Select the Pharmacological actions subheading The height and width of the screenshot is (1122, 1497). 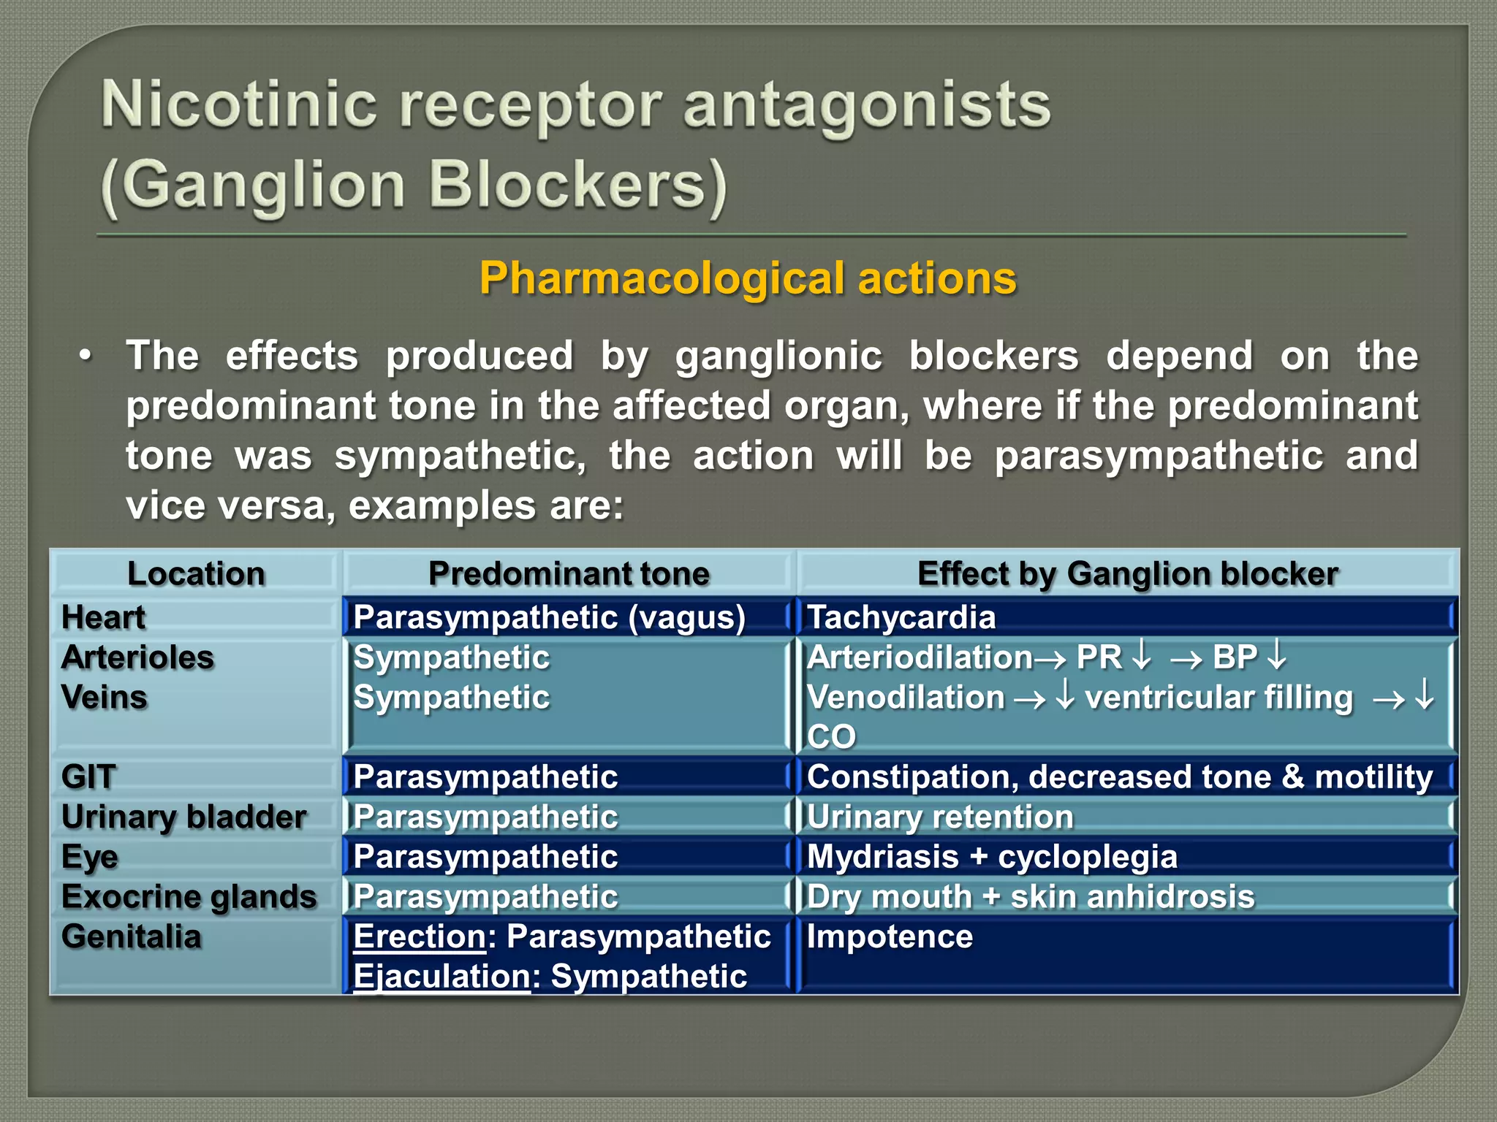[748, 278]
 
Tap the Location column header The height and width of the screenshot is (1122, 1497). [196, 573]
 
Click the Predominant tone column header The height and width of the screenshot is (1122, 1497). [569, 573]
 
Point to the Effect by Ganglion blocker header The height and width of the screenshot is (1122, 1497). [1127, 573]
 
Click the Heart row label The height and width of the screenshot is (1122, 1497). [103, 617]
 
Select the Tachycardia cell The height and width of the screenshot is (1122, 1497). [901, 617]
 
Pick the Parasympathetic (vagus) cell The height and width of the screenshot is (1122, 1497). [549, 617]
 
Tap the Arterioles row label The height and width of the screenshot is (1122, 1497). [137, 657]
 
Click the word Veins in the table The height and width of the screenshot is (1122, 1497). [105, 697]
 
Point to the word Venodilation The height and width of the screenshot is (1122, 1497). [906, 697]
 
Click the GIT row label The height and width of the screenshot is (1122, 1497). [88, 776]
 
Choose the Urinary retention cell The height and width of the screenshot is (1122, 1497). [940, 817]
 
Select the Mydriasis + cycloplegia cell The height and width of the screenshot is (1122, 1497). [992, 857]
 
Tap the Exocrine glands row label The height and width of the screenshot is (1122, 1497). [189, 897]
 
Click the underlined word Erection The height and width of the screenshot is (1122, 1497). [420, 936]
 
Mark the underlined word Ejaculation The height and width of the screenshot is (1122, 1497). [441, 977]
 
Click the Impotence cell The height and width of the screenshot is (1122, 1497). [890, 936]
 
